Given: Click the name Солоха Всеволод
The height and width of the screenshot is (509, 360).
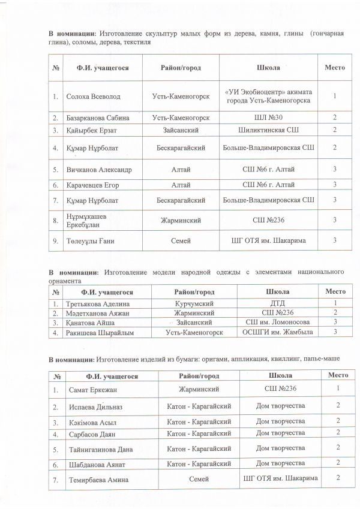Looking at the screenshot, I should click(88, 96).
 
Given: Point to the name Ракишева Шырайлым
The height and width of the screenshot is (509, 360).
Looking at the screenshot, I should click(99, 332).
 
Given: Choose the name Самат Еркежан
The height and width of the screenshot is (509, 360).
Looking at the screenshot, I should click(90, 389).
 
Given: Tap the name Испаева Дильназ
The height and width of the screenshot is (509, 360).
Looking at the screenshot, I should click(94, 406).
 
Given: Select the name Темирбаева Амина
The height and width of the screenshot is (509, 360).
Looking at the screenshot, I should click(97, 479).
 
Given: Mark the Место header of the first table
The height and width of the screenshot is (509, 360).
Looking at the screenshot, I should click(335, 67).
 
